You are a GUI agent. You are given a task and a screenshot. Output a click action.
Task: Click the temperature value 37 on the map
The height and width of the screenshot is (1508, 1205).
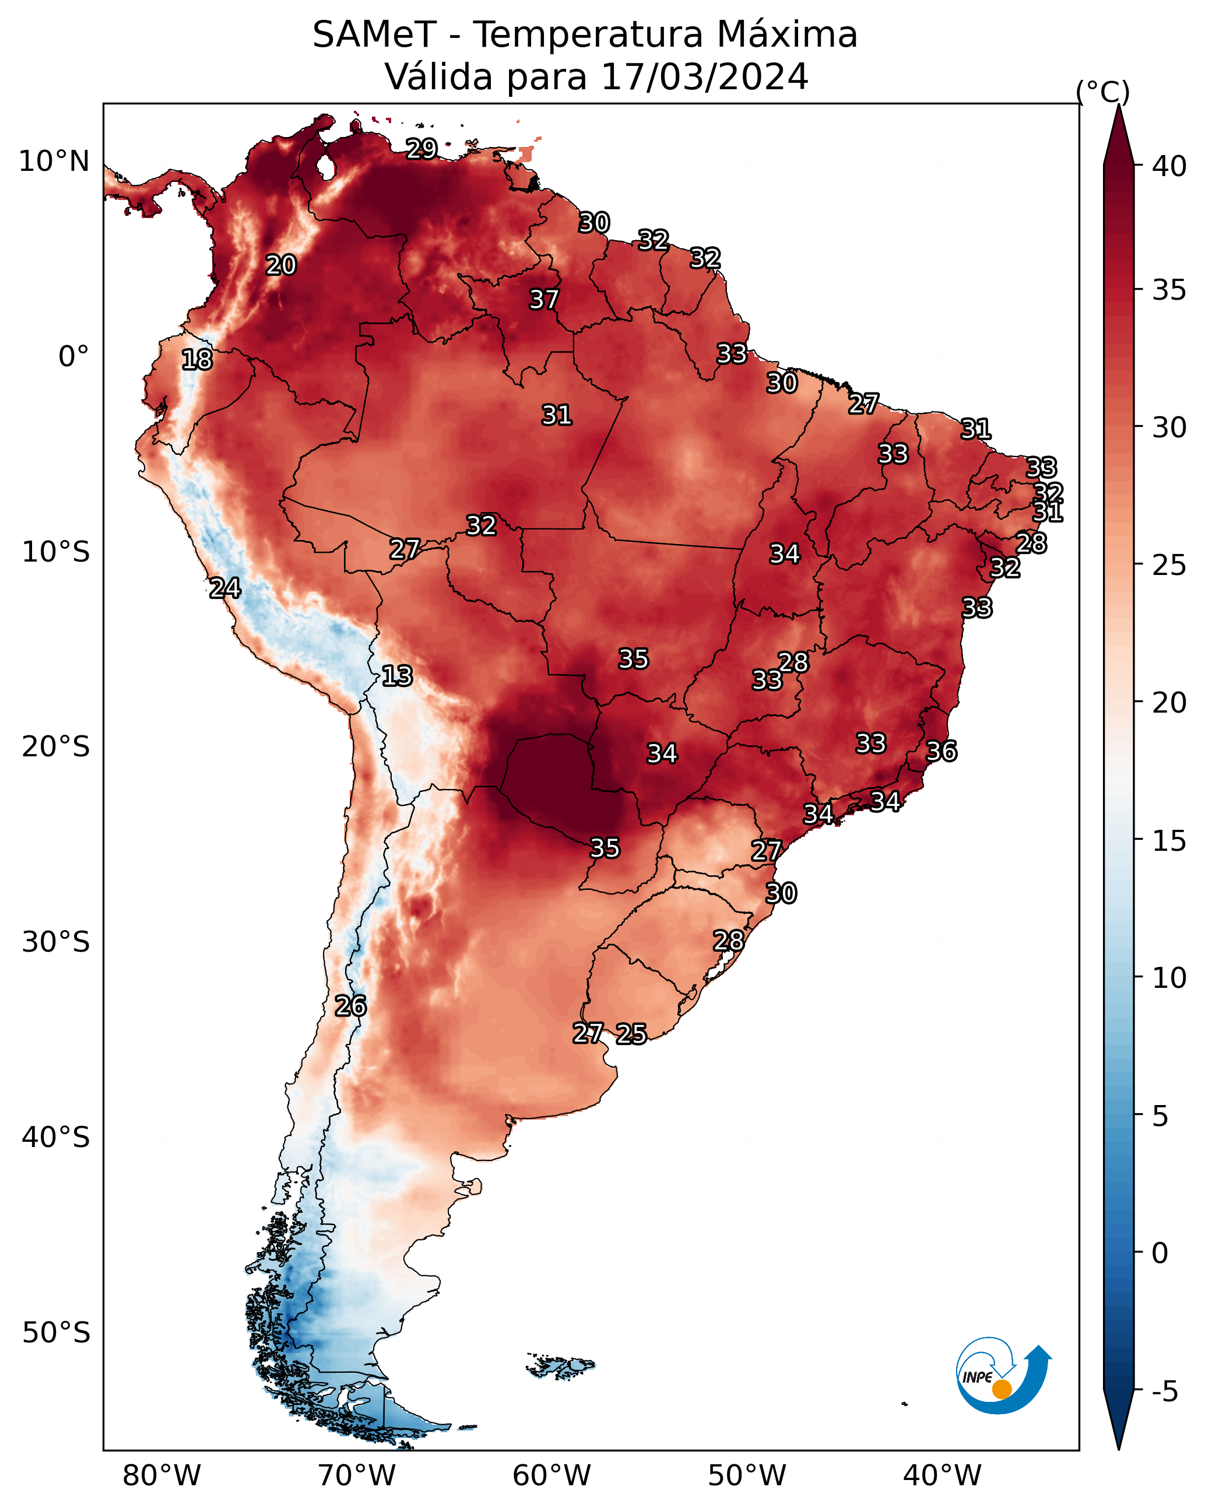click(543, 299)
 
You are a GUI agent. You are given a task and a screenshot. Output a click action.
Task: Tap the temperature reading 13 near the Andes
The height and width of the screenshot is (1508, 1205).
click(396, 676)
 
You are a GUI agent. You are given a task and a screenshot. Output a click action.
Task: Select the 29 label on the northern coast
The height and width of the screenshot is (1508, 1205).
click(421, 148)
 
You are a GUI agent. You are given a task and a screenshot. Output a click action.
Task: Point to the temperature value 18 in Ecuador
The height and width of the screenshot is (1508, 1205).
click(196, 360)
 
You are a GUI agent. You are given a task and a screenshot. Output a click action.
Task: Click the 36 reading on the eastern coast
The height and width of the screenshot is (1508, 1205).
click(941, 751)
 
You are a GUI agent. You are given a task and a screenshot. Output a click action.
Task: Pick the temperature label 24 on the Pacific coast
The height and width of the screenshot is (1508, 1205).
click(224, 588)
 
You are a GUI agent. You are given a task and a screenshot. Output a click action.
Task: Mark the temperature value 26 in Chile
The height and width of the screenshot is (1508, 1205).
click(350, 1006)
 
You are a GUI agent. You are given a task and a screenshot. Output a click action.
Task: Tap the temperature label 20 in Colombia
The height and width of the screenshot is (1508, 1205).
click(281, 265)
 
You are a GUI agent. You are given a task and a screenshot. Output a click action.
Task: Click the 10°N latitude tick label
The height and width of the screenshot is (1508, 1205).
click(54, 162)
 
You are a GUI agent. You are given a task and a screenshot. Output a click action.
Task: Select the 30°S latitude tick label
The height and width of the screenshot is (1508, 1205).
click(56, 943)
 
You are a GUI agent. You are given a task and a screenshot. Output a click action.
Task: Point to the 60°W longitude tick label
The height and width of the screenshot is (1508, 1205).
click(552, 1476)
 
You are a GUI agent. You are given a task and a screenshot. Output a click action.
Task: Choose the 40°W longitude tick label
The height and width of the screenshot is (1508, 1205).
click(942, 1476)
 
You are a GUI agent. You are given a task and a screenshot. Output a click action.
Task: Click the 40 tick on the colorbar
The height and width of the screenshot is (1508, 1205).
click(1169, 166)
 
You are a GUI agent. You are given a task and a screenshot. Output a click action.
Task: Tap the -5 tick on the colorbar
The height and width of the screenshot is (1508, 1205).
click(1165, 1392)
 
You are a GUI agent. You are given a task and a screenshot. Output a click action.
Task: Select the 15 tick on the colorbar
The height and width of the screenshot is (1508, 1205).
click(1169, 841)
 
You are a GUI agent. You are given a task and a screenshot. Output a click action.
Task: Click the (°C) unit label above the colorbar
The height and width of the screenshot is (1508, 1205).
click(1102, 92)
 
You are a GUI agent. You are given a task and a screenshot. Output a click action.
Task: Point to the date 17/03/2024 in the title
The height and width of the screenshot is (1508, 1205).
click(704, 77)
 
